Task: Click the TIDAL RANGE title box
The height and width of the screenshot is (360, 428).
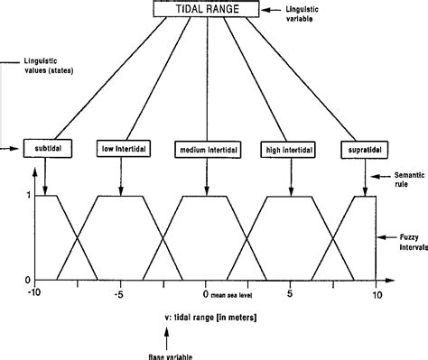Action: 206,11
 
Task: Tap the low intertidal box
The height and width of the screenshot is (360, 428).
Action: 120,147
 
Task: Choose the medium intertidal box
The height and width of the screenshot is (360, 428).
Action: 206,147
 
